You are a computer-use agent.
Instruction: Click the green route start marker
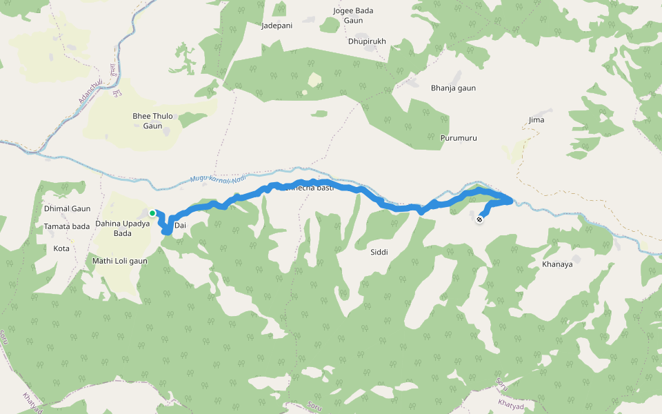(x=152, y=213)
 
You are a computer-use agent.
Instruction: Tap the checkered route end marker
(x=479, y=219)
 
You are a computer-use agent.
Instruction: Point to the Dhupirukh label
(x=367, y=41)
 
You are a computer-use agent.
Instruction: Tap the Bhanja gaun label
(x=453, y=88)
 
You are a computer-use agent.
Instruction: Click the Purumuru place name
(x=459, y=139)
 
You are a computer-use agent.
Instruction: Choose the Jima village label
(x=536, y=120)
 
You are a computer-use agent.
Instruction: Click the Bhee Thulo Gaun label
(x=152, y=121)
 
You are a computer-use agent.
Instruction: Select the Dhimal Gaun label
(x=67, y=208)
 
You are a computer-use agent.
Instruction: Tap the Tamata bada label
(x=66, y=226)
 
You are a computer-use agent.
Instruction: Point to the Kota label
(x=61, y=248)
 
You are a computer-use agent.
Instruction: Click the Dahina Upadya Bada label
(x=122, y=228)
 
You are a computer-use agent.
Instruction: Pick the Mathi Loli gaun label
(x=120, y=262)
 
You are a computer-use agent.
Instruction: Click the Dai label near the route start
(x=180, y=226)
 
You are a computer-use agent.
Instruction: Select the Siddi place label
(x=379, y=253)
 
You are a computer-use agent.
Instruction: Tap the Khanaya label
(x=557, y=264)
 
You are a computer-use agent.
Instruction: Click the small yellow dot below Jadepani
(x=304, y=92)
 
